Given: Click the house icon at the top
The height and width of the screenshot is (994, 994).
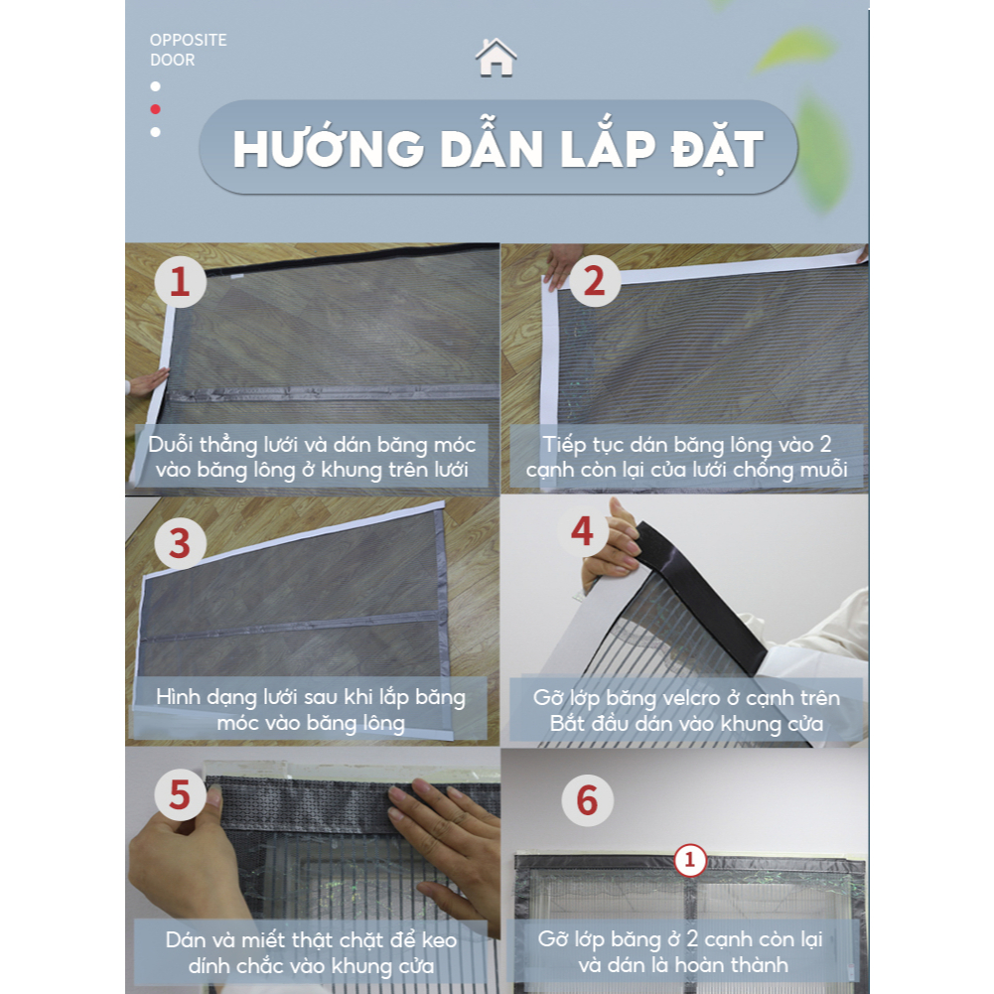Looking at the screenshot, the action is tap(496, 58).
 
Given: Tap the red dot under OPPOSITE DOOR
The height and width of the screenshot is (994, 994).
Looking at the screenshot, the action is tap(155, 109).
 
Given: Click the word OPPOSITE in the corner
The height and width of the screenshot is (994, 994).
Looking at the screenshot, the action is tap(189, 40).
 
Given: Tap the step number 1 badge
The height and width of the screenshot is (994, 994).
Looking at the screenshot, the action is tap(180, 281).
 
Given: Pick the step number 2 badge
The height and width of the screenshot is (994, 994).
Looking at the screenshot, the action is tap(594, 280).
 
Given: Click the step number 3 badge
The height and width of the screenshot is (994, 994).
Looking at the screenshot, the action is tap(180, 543).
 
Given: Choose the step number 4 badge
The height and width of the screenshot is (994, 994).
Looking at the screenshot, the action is tap(583, 531).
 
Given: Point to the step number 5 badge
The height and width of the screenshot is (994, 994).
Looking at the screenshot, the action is tap(180, 795).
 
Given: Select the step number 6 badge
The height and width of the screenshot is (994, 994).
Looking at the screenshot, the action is tap(587, 800).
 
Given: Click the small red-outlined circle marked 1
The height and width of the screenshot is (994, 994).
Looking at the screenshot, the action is tap(690, 860).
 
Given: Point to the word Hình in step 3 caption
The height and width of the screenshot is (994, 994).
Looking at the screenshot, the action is tap(178, 697).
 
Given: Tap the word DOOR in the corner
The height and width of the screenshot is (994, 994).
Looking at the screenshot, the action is tap(173, 60).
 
